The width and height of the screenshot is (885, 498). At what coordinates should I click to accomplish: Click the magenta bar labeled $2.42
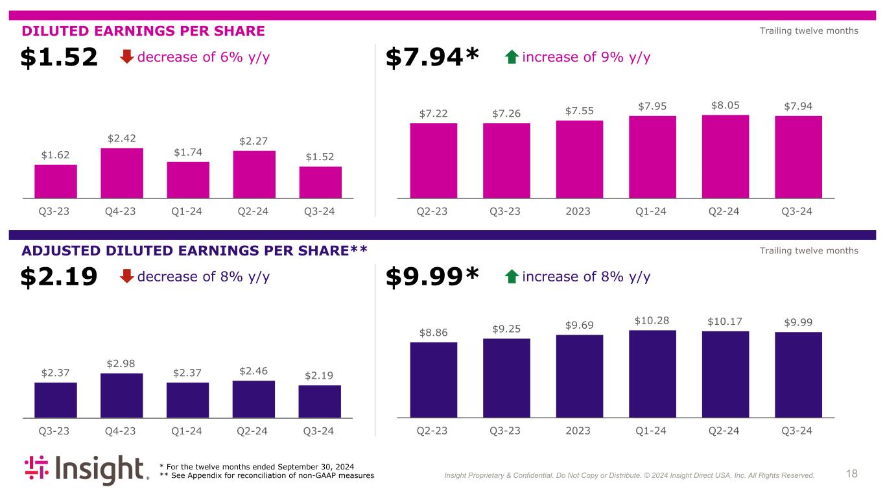122,173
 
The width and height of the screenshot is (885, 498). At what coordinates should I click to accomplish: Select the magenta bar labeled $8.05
726,156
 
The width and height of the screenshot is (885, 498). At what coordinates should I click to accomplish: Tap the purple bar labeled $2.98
122,396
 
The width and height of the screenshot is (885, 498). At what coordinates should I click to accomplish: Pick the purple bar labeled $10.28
652,374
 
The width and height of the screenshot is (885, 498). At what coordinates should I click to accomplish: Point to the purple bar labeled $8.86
434,380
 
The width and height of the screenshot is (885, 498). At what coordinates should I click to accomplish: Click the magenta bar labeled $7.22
434,160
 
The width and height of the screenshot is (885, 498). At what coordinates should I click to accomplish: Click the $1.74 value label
188,152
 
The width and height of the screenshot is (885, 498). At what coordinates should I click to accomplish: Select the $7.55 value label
580,111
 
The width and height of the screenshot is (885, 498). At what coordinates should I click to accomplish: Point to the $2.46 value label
254,371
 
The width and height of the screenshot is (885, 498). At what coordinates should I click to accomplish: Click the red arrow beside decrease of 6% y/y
127,58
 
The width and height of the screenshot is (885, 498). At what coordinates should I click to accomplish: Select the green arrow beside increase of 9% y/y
512,58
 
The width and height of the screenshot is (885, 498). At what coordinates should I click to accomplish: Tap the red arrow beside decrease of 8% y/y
127,277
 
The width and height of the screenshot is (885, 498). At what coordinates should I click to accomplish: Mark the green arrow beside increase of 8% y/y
512,277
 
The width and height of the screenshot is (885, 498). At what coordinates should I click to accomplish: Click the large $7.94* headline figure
432,58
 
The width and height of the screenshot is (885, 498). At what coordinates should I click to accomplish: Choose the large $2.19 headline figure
59,277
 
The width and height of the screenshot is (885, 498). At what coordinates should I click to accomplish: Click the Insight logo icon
38,469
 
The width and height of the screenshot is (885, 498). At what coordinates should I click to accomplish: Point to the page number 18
852,474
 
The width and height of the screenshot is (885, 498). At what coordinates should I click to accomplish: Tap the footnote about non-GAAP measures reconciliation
266,476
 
